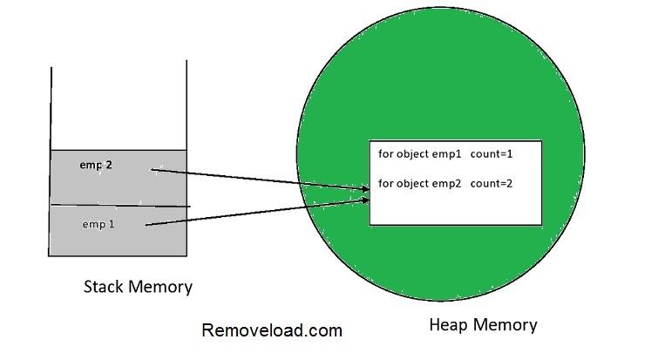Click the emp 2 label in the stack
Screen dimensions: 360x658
[x=96, y=165]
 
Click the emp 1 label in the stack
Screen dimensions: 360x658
[x=98, y=224]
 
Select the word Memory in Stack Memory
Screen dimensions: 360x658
[x=163, y=286]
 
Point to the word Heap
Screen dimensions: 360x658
[x=450, y=325]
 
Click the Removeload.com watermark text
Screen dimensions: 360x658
[x=272, y=330]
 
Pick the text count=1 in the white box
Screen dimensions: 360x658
[x=492, y=154]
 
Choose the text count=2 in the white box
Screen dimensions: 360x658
[x=492, y=183]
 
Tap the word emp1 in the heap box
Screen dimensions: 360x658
[x=447, y=154]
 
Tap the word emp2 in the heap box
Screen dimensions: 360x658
[x=447, y=183]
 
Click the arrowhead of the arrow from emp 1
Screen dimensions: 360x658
[x=367, y=201]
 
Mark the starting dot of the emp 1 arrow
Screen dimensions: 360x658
[x=146, y=227]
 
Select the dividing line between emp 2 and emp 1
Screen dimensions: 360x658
[x=119, y=206]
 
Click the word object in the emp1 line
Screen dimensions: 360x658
[x=411, y=154]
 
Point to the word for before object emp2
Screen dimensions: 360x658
[x=385, y=183]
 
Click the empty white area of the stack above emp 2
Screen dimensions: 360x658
[x=119, y=105]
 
